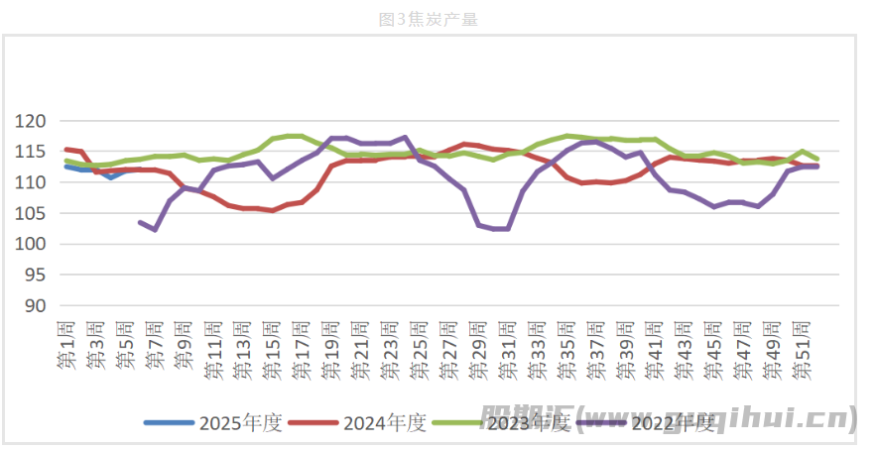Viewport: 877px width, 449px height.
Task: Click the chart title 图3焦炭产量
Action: coord(437,19)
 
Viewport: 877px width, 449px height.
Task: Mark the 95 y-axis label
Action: coord(37,275)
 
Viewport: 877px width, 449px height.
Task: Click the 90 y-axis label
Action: coord(37,305)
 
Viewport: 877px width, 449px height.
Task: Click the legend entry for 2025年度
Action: coord(213,423)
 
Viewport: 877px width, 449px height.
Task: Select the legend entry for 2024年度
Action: coord(358,423)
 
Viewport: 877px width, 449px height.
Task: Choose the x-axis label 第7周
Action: coord(155,347)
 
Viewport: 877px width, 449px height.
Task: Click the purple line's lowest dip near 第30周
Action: coord(494,228)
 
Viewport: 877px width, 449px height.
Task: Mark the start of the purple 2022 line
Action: coord(140,222)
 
